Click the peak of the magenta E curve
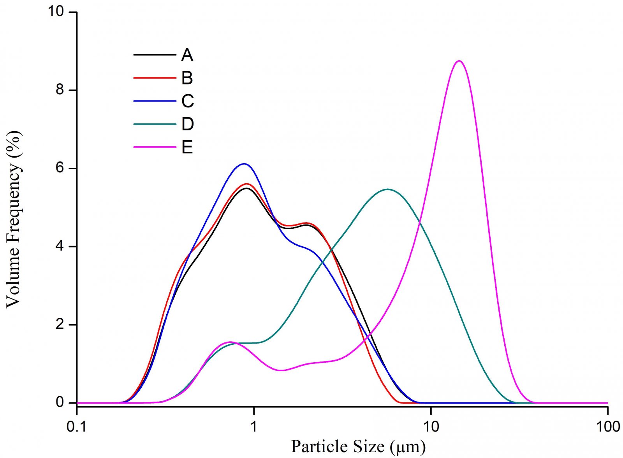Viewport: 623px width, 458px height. coord(459,61)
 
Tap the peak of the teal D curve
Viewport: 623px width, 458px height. coord(387,190)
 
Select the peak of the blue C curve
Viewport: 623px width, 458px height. coord(244,164)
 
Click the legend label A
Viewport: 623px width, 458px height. coord(187,55)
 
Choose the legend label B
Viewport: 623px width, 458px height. coord(187,78)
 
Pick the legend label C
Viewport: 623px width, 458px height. coord(187,101)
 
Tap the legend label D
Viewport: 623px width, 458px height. coord(187,124)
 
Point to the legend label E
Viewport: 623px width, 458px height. coord(187,147)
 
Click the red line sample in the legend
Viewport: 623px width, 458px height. coord(154,78)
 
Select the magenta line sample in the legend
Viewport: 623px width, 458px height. coord(154,147)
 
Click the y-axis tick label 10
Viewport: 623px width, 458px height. coord(56,12)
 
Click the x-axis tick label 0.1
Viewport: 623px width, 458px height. coord(77,426)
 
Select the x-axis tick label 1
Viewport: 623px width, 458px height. coord(254,426)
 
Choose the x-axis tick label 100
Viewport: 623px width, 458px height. coord(607,426)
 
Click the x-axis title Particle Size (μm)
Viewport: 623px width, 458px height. coord(358,446)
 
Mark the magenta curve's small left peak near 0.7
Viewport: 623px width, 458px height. coord(230,342)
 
